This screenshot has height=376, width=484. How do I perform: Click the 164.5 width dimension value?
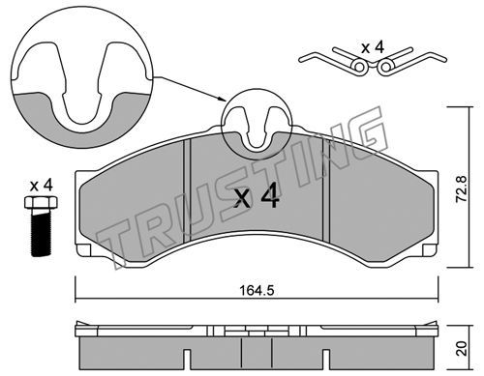(x=257, y=291)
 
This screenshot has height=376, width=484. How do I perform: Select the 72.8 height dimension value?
(x=461, y=188)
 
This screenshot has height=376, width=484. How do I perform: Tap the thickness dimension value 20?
(x=462, y=348)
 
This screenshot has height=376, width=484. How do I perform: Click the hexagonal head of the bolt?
(x=41, y=203)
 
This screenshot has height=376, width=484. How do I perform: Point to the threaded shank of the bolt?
(x=41, y=233)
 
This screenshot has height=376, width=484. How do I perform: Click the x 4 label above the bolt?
(x=41, y=186)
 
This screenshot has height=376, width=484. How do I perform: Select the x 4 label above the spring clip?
(x=373, y=48)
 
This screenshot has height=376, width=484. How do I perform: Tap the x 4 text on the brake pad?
(x=257, y=197)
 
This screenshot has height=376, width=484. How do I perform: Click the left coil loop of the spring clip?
(x=359, y=67)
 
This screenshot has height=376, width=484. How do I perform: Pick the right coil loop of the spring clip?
(x=384, y=67)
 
